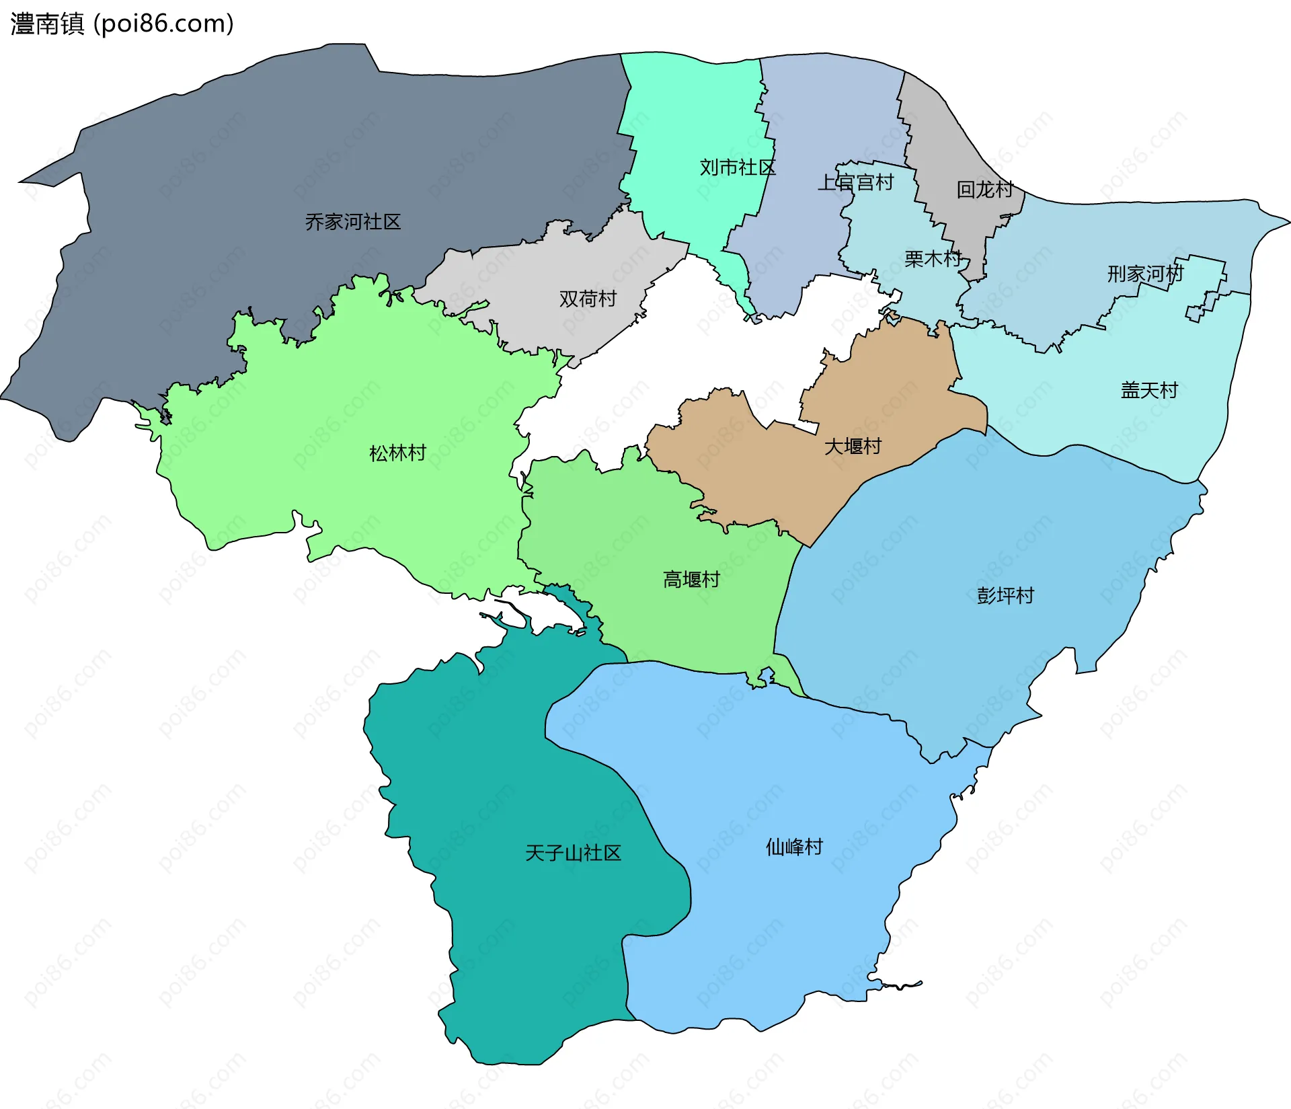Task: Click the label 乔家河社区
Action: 352,222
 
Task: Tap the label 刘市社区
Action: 737,167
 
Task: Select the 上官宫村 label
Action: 855,182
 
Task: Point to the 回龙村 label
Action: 984,190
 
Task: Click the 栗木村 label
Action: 933,259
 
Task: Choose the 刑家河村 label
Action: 1145,274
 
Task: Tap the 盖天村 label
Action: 1149,390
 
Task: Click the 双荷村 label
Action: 588,299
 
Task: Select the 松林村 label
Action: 397,453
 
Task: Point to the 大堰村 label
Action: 853,447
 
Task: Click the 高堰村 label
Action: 691,580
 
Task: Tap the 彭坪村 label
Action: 1005,596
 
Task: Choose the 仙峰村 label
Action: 794,847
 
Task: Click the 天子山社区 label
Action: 573,853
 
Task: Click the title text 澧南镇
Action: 47,24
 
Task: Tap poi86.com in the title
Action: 163,24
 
